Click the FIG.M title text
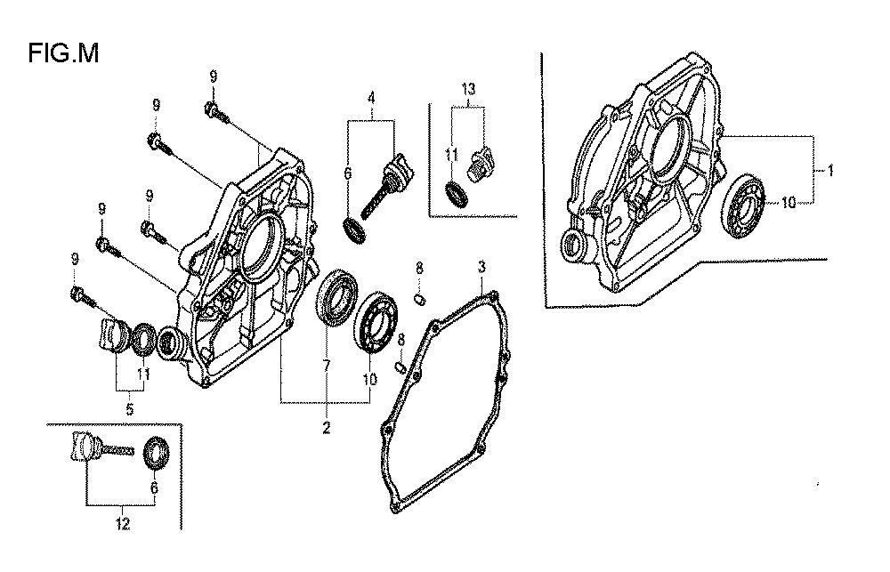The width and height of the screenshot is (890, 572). [63, 53]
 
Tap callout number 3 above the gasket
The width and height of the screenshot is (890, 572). [481, 267]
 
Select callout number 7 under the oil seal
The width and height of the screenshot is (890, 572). [327, 366]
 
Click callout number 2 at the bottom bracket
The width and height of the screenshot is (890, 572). [327, 427]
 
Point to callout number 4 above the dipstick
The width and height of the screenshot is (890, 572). [371, 98]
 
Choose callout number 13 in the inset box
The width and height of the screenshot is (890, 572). [468, 89]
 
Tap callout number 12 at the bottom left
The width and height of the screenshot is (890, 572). [123, 524]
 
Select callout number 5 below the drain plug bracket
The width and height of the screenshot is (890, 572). [129, 408]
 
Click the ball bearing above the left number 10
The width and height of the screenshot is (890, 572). [374, 321]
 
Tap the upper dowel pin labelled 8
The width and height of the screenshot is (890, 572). [420, 299]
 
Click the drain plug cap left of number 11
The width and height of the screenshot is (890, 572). [115, 334]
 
